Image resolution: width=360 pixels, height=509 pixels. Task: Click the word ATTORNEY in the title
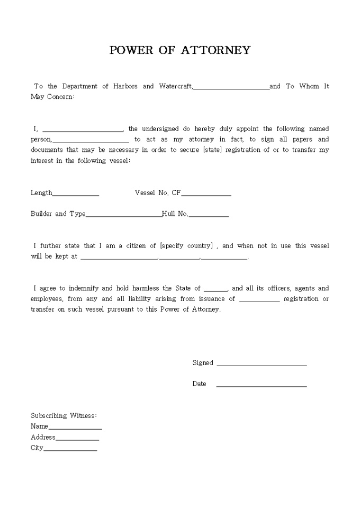(x=215, y=51)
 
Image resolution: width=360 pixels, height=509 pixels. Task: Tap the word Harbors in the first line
(x=125, y=86)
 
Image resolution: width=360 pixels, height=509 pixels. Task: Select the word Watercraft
(x=175, y=86)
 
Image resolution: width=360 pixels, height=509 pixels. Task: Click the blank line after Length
(x=76, y=195)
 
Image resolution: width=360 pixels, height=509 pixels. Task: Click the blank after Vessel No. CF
(x=206, y=195)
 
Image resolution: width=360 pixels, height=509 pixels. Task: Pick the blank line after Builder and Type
(x=123, y=216)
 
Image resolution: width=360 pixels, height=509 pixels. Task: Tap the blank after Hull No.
(x=209, y=216)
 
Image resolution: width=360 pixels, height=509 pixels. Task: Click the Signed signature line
(x=262, y=365)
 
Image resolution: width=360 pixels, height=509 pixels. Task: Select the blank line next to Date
(x=262, y=386)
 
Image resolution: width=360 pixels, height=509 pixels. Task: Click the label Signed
(x=203, y=363)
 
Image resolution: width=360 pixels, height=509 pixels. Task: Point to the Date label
(x=199, y=384)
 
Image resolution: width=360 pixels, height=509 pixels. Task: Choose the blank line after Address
(x=77, y=439)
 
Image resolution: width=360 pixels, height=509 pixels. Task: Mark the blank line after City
(x=70, y=450)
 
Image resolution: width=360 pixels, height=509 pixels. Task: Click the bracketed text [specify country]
(x=186, y=246)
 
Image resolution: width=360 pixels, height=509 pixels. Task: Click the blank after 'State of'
(x=215, y=290)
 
